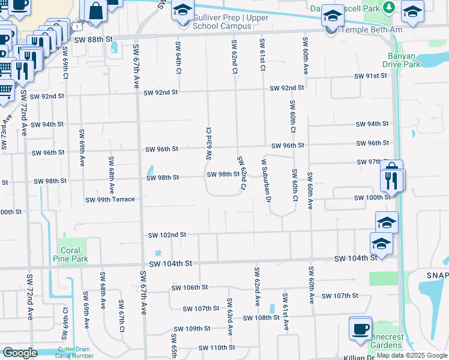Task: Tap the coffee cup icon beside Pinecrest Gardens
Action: click(x=360, y=329)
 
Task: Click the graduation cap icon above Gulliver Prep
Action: click(x=183, y=10)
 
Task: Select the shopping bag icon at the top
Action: click(x=95, y=10)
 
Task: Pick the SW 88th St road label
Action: click(x=94, y=38)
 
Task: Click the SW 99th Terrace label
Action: click(x=110, y=200)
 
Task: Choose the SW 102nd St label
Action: click(x=167, y=235)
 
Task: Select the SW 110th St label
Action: click(x=214, y=348)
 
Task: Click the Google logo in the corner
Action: click(x=20, y=352)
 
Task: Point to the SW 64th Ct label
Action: click(x=178, y=58)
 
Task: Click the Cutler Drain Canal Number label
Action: click(x=76, y=353)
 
